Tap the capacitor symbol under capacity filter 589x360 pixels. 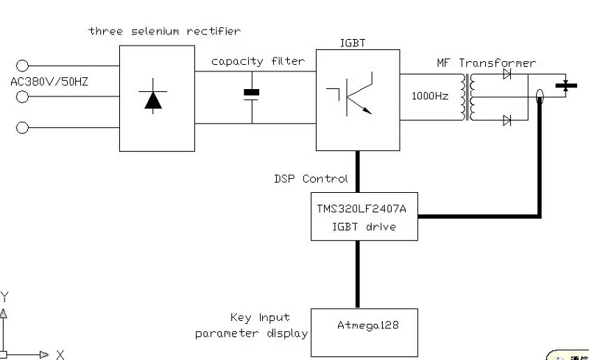tap(252, 93)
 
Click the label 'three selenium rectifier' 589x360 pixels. tap(164, 31)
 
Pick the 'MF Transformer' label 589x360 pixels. tap(487, 63)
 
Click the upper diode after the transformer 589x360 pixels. tap(507, 74)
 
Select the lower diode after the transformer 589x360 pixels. tap(507, 120)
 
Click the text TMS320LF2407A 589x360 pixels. tap(365, 209)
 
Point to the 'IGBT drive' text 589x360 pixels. tap(365, 227)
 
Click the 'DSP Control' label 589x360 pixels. tap(311, 179)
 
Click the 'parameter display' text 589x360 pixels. tap(251, 333)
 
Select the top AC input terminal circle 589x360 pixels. tap(23, 66)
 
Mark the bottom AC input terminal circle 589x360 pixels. tap(23, 128)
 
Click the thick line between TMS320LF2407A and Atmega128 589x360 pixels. tap(359, 274)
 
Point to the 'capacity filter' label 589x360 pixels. tap(258, 61)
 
